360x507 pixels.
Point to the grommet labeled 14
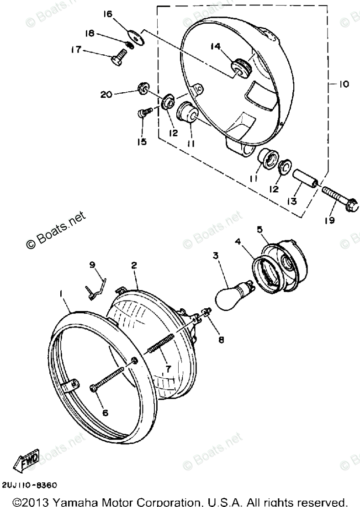(239, 67)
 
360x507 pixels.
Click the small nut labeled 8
(207, 312)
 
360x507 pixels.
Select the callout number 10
(342, 84)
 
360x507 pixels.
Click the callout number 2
(134, 264)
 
